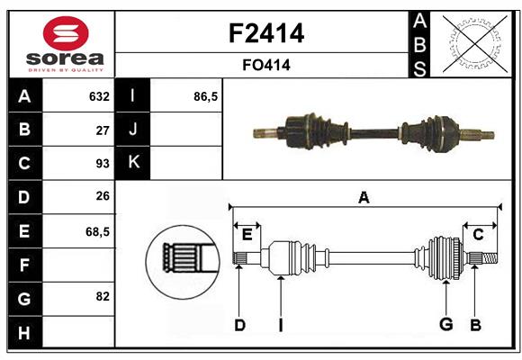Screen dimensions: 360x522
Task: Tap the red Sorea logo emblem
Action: tap(66, 35)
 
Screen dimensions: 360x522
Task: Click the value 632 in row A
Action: tap(99, 96)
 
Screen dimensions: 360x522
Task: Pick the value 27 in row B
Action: tap(102, 130)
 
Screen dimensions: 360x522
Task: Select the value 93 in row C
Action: tap(102, 164)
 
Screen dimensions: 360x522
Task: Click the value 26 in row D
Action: tap(102, 197)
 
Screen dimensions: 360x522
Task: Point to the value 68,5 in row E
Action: tap(97, 231)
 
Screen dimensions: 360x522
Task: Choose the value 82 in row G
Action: tap(102, 296)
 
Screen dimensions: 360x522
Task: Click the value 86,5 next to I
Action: tap(205, 96)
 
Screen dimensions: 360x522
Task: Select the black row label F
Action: tap(24, 265)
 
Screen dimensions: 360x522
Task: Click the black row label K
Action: tap(133, 163)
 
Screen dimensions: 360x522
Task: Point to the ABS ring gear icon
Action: tap(472, 42)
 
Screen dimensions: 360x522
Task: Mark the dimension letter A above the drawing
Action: tap(364, 198)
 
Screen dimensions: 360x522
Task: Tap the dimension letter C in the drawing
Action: tap(478, 235)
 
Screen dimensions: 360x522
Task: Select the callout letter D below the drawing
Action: tap(239, 325)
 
